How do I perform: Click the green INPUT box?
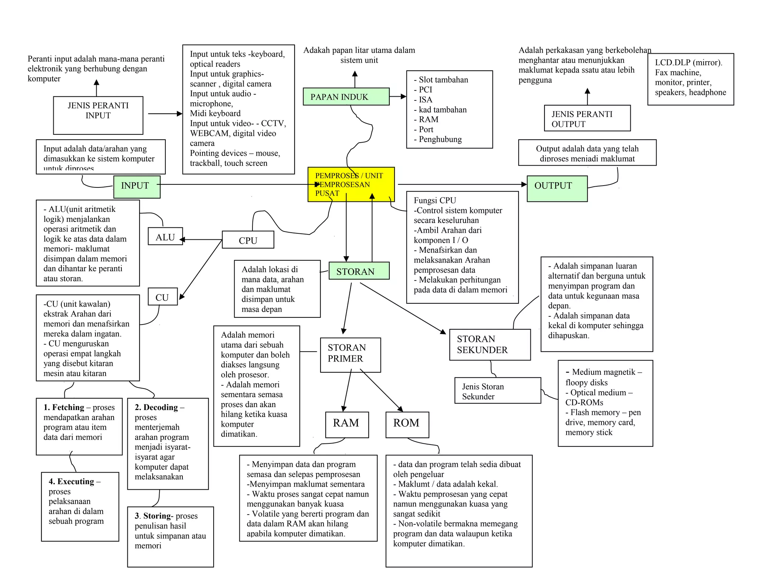click(137, 187)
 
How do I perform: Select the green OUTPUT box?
click(557, 188)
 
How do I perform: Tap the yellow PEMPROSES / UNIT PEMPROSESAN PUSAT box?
click(351, 184)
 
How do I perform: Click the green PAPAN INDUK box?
click(346, 97)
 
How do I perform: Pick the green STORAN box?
click(359, 271)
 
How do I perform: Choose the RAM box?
click(347, 424)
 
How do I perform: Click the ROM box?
click(407, 424)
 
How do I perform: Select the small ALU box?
click(165, 236)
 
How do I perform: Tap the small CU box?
click(162, 297)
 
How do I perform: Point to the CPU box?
click(248, 240)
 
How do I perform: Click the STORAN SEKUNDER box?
click(489, 344)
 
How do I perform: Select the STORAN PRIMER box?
click(350, 354)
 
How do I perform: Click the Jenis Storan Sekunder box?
click(497, 390)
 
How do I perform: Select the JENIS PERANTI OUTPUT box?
click(587, 118)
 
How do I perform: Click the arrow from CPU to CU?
click(200, 270)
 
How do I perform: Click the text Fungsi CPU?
click(435, 200)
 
